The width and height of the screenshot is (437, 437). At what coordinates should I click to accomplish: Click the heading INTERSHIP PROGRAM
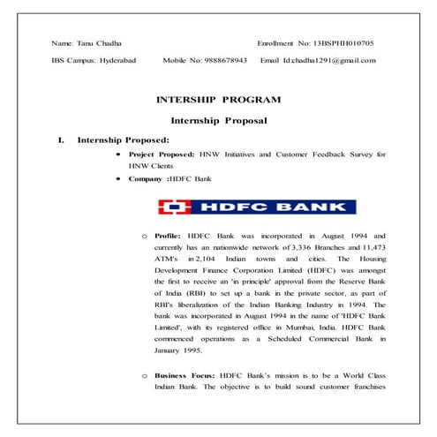[218, 100]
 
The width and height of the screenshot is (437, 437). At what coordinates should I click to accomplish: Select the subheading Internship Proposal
[218, 119]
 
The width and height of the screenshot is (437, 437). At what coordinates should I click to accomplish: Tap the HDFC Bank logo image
[257, 207]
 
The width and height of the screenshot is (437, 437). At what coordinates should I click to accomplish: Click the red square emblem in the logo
[174, 207]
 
